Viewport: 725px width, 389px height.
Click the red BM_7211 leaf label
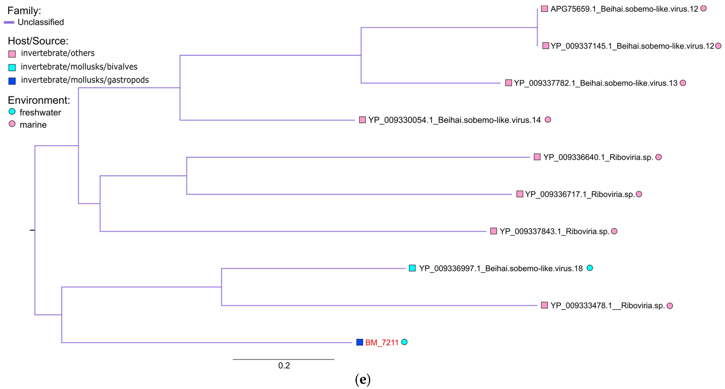click(382, 343)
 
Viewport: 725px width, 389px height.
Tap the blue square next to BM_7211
click(359, 342)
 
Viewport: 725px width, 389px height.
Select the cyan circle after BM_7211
click(404, 342)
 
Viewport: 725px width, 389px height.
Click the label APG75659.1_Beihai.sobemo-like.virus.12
click(624, 9)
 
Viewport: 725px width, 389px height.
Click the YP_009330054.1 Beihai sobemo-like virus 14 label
click(454, 120)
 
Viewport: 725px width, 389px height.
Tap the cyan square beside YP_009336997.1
click(412, 268)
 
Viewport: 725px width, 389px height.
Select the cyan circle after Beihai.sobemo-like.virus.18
click(590, 268)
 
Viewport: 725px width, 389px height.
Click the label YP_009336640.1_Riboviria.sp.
click(598, 157)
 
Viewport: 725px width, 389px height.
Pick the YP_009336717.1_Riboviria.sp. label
click(580, 194)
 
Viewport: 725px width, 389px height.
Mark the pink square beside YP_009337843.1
click(493, 231)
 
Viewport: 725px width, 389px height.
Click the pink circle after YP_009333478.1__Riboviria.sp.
click(670, 306)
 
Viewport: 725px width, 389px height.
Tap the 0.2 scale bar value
click(284, 365)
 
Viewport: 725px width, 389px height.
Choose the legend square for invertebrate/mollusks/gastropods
click(12, 81)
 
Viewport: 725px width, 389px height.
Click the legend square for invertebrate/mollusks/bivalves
click(12, 67)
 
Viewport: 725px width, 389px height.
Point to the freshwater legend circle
click(12, 112)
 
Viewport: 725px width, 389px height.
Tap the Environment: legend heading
click(39, 100)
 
